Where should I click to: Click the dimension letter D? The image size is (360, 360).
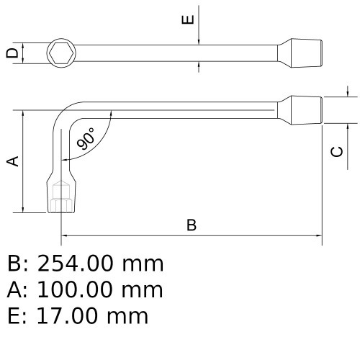[x=10, y=53]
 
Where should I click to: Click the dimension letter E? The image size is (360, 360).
[x=187, y=19]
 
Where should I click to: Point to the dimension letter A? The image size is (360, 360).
[x=12, y=161]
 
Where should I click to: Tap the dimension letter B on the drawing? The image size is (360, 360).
[x=192, y=225]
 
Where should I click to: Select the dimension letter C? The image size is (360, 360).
[x=336, y=151]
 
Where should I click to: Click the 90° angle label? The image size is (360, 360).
[x=86, y=139]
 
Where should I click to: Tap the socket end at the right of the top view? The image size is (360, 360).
[x=304, y=53]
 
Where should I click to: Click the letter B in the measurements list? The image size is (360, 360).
[x=15, y=264]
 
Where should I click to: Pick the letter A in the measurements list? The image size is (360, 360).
[x=15, y=290]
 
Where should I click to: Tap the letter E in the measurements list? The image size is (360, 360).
[x=15, y=316]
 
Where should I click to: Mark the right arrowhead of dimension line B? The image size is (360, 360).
[x=318, y=235]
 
